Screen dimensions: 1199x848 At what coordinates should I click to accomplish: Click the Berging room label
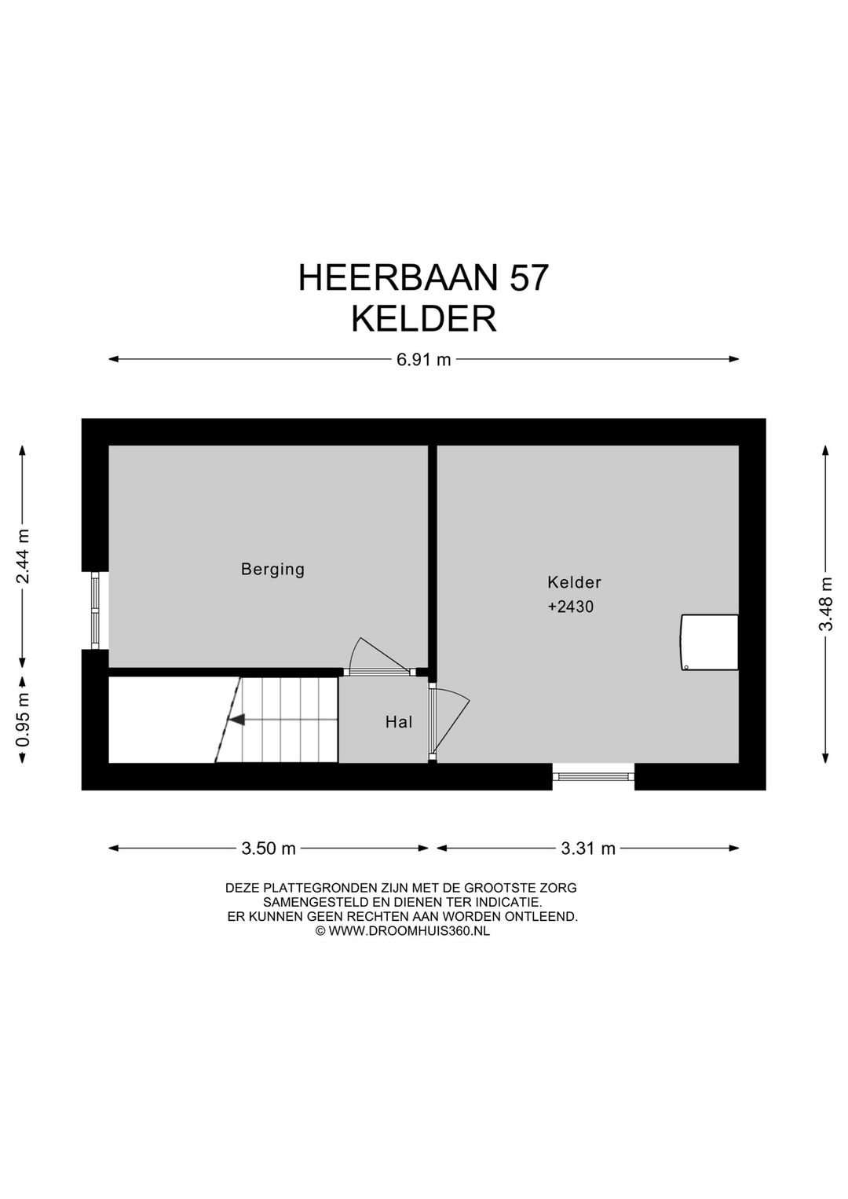pos(272,569)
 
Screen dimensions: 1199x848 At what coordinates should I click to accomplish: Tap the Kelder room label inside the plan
pos(574,582)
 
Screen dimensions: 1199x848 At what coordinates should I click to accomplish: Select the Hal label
pos(398,722)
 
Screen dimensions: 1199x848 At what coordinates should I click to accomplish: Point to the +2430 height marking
pos(571,607)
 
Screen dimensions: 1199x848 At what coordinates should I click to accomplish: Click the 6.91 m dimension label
pos(424,360)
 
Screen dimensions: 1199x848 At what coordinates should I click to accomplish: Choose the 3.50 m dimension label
pos(269,849)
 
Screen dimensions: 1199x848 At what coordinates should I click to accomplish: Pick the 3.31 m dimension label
pos(588,849)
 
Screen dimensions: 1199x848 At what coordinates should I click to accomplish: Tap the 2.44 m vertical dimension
pos(24,556)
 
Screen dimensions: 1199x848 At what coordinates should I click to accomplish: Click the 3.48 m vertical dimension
pos(826,603)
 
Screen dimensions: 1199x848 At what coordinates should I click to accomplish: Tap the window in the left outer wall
pos(95,610)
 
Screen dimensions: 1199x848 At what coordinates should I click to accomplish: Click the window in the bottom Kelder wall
pos(594,776)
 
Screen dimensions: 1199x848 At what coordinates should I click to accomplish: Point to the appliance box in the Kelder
pos(709,642)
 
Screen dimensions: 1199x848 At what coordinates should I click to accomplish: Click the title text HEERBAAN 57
pos(423,278)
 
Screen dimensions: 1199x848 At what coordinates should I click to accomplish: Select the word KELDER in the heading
pos(423,320)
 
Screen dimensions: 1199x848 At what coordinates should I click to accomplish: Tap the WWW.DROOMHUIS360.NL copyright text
pos(408,930)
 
